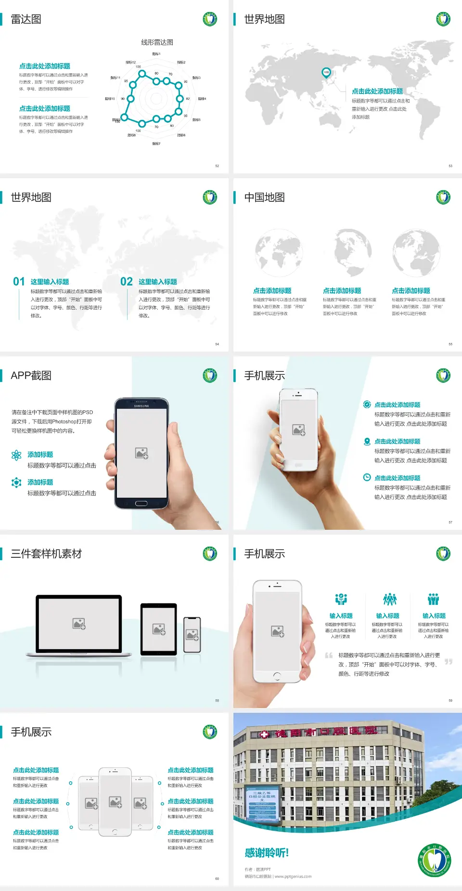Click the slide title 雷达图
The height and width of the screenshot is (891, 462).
[26, 19]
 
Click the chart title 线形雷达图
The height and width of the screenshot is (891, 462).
[157, 42]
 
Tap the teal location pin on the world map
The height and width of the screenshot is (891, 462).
[326, 73]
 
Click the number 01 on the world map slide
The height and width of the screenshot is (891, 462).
[19, 282]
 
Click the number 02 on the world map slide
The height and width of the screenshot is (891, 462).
[127, 282]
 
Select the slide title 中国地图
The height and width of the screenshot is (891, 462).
[264, 197]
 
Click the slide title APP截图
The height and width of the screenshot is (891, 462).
[31, 376]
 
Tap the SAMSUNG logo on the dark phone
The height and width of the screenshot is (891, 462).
[141, 406]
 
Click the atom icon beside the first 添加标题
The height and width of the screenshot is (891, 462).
[16, 455]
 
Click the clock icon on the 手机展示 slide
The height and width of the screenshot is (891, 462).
[367, 477]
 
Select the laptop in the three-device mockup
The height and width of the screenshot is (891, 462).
[79, 625]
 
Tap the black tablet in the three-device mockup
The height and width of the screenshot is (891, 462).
[158, 629]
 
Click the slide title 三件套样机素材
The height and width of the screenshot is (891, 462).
[46, 554]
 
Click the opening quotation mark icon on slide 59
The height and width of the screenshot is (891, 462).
[329, 655]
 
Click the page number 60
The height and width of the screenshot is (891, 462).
[217, 878]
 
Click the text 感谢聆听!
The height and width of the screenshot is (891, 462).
[267, 853]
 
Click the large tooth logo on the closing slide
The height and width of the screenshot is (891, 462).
[435, 860]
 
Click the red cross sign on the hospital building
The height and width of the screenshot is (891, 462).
[264, 734]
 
